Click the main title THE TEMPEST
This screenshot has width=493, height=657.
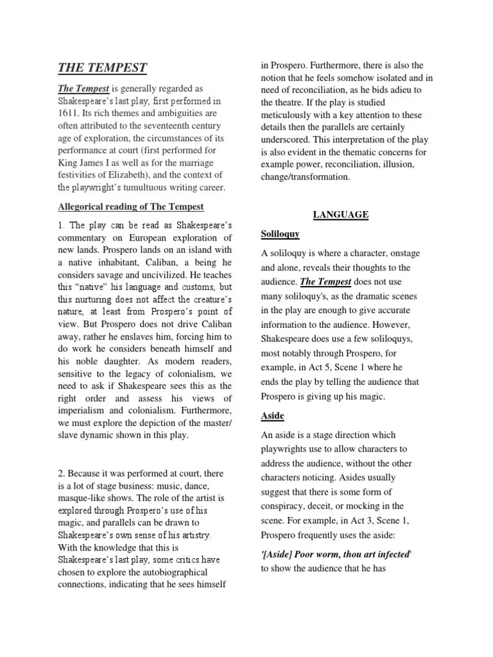pos(103,67)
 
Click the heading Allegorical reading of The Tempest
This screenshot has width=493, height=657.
pos(131,206)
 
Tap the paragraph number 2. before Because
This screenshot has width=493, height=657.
pos(62,473)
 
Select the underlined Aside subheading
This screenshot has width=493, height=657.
pos(272,416)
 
